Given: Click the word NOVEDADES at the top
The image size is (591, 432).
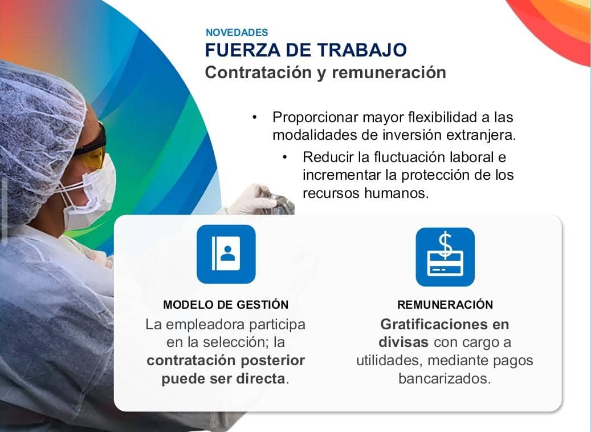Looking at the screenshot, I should [x=237, y=33].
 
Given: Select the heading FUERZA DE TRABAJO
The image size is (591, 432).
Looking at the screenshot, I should [x=306, y=50].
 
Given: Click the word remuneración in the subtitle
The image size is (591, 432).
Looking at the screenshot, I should [x=389, y=73].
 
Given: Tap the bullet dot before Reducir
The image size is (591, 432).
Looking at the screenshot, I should [x=284, y=156].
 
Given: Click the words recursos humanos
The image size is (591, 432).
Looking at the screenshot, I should [x=365, y=192].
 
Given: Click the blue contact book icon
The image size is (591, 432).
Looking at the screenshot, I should [x=226, y=254].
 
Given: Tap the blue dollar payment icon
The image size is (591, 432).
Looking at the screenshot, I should [x=445, y=256].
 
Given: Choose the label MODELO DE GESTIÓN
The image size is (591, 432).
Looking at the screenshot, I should [x=226, y=305].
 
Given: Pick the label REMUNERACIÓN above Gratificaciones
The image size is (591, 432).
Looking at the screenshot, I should [x=445, y=305].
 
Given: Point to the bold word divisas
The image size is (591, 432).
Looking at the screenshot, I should [x=404, y=342].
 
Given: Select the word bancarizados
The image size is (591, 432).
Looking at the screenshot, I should [x=445, y=379].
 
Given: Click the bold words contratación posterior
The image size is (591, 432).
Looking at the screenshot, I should [x=226, y=361].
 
